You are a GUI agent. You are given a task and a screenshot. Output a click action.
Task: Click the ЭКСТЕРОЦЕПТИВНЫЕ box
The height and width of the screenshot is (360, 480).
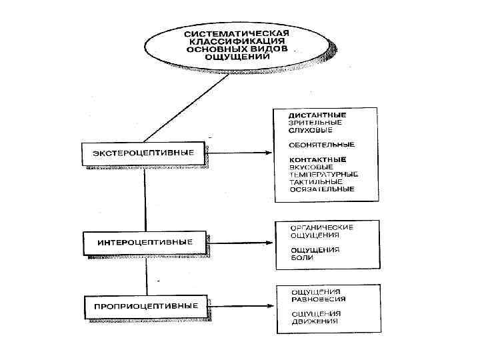[x=144, y=153]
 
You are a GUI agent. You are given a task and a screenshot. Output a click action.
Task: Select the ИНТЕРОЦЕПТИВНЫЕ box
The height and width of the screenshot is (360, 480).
[x=145, y=241]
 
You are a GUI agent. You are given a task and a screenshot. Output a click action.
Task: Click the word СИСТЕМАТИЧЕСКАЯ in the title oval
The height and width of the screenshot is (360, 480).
[x=237, y=33]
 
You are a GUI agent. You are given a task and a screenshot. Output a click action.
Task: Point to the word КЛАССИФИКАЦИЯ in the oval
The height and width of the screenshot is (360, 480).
[x=237, y=41]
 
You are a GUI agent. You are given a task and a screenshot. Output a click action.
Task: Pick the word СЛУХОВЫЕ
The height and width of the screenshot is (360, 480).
[x=311, y=130]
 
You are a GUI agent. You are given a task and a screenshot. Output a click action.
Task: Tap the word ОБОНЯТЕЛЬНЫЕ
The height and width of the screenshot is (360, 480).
[x=321, y=145]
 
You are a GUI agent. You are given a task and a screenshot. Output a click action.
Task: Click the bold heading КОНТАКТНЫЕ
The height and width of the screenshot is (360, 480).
[x=317, y=159]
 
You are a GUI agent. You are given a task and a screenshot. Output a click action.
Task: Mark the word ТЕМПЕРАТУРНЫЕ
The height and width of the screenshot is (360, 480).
[x=323, y=174]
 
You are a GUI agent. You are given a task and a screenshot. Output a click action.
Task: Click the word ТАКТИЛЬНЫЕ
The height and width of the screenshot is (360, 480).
[x=316, y=181]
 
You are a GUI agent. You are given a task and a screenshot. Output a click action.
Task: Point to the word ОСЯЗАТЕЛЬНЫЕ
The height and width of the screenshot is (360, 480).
[x=321, y=189]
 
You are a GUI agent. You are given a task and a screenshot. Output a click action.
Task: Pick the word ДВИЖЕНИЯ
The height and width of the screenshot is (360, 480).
[x=313, y=321]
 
